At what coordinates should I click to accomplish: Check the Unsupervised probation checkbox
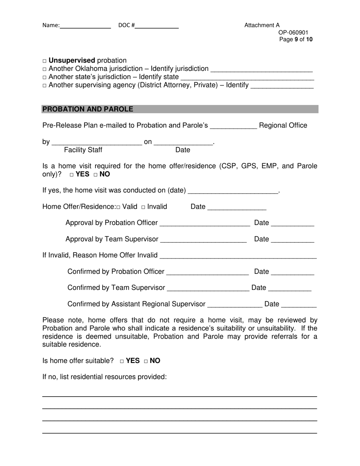click(44, 61)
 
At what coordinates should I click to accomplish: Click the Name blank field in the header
click(85, 26)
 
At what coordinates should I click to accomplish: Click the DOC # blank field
click(157, 26)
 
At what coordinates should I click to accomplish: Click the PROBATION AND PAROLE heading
click(88, 109)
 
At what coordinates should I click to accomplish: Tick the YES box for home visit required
click(72, 175)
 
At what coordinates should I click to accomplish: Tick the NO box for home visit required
click(95, 175)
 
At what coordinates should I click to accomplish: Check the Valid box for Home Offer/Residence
click(119, 207)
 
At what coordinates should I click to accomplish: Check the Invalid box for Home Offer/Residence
click(143, 207)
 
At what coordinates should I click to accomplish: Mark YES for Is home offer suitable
click(122, 361)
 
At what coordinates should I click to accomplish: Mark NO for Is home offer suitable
click(146, 361)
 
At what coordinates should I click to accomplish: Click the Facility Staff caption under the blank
click(83, 150)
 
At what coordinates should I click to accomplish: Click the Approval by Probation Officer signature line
click(205, 224)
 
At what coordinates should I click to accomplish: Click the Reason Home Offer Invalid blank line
click(238, 256)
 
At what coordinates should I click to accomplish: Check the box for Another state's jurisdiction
click(44, 77)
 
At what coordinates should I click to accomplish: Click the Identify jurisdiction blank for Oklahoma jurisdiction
click(261, 69)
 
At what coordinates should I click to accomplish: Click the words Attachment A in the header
click(262, 25)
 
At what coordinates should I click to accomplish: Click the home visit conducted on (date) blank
click(233, 191)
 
